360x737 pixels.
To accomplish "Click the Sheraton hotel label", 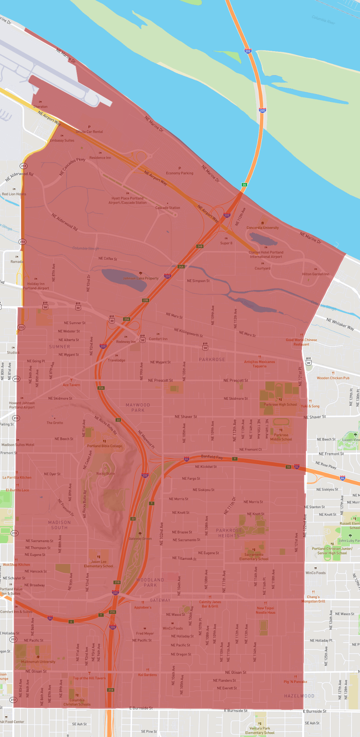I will [x=40, y=107].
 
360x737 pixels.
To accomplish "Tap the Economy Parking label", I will [x=180, y=173].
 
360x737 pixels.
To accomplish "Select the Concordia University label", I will [x=262, y=228].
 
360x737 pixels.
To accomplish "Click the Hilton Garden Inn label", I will [x=315, y=274].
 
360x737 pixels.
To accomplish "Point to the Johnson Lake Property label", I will [x=141, y=278].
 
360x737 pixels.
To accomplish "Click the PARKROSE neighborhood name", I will [x=212, y=359].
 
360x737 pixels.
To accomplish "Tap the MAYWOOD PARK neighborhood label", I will [x=138, y=407].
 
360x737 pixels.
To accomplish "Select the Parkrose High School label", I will [x=280, y=404].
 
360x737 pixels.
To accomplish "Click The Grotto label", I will [x=55, y=423].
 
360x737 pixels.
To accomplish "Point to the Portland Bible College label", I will [x=104, y=446].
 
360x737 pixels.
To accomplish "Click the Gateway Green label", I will [x=140, y=538].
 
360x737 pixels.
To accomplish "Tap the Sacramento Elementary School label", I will [x=254, y=557].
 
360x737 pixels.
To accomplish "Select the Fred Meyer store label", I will [x=145, y=633].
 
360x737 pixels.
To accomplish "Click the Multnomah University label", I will [x=38, y=661].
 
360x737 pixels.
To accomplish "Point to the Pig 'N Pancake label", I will [x=295, y=682].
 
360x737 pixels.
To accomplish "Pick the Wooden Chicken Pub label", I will [x=333, y=378].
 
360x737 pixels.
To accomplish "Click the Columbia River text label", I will [x=323, y=20].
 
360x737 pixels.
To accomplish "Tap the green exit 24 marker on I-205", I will [x=244, y=185].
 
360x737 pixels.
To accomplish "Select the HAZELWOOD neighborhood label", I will [x=299, y=696].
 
